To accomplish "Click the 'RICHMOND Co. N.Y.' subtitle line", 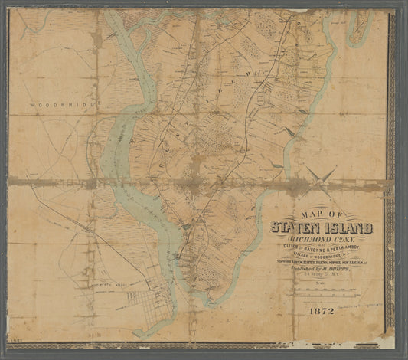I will click(319, 240).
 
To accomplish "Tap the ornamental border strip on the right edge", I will click(393, 176).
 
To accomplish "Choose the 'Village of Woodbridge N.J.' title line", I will click(320, 258).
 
